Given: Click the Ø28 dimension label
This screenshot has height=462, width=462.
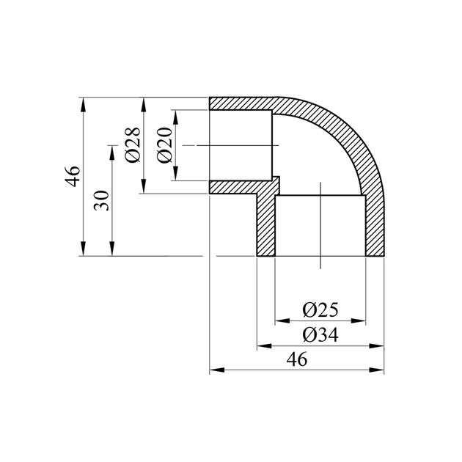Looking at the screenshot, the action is pyautogui.click(x=133, y=145).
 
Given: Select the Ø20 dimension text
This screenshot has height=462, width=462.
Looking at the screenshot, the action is pyautogui.click(x=164, y=145).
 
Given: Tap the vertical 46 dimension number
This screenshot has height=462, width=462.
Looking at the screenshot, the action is pyautogui.click(x=73, y=177).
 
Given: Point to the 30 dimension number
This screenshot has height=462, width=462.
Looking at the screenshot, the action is pyautogui.click(x=101, y=200).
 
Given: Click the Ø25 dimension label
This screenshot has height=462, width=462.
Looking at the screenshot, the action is pyautogui.click(x=320, y=310).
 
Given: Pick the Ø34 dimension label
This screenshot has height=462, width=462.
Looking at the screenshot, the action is pyautogui.click(x=320, y=335).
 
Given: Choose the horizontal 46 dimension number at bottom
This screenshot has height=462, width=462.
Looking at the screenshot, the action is pyautogui.click(x=297, y=359).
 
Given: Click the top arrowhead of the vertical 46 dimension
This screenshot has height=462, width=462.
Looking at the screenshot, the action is pyautogui.click(x=84, y=104).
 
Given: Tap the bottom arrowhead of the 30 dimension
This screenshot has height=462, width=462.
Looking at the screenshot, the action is pyautogui.click(x=112, y=249).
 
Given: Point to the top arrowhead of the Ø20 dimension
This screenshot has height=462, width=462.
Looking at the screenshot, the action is pyautogui.click(x=175, y=117).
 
